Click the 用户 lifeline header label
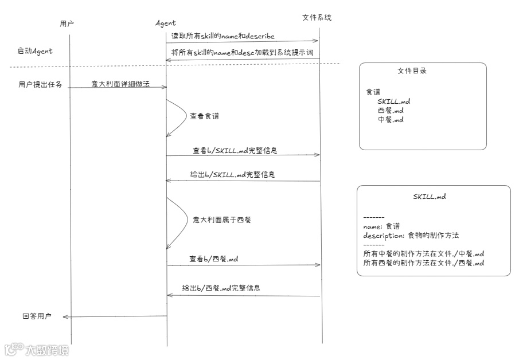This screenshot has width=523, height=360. [x=67, y=24]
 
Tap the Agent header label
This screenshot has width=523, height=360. [x=166, y=24]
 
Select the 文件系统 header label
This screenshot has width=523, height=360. [x=317, y=18]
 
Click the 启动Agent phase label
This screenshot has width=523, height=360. [x=35, y=51]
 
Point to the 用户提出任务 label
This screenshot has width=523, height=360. [x=40, y=85]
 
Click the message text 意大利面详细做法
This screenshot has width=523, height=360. [x=117, y=84]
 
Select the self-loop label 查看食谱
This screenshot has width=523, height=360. [x=204, y=115]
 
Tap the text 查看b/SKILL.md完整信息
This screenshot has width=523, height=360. [x=236, y=151]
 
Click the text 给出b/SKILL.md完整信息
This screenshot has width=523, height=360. [x=236, y=174]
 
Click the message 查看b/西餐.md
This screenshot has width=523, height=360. [x=214, y=259]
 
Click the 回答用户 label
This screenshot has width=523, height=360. [x=37, y=316]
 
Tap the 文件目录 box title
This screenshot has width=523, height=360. [x=412, y=72]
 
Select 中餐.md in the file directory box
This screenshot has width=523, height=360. [x=391, y=120]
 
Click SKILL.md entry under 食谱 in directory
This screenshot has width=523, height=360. [x=393, y=101]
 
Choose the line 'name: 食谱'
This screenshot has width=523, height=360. [x=382, y=226]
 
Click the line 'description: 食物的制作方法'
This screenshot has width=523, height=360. [x=411, y=235]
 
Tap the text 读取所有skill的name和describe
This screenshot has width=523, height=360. [x=223, y=36]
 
